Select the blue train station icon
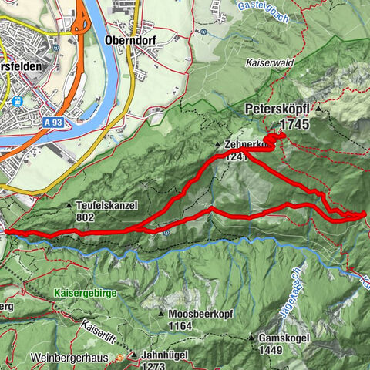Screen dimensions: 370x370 click(x=16, y=100)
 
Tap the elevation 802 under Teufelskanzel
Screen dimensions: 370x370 click(x=86, y=217)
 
